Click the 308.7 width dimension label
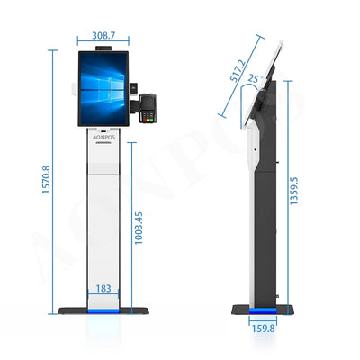point(103,36)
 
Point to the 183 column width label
point(104,288)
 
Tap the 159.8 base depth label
point(262,328)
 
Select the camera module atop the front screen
point(103,48)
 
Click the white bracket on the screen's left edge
point(72,87)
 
